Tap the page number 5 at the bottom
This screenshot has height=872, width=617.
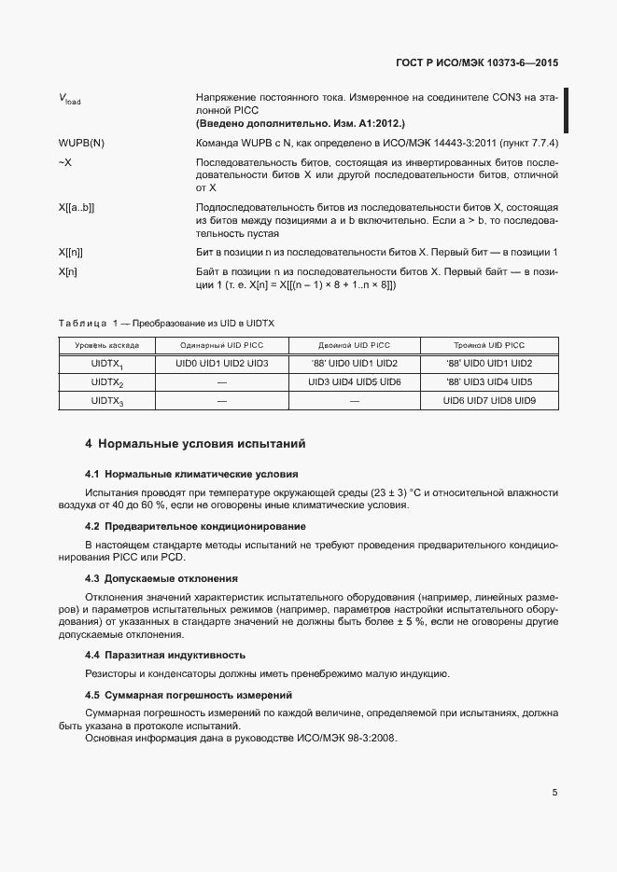554,793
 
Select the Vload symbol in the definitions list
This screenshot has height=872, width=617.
69,99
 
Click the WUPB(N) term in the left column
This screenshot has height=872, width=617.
81,144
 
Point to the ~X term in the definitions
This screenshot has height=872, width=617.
64,162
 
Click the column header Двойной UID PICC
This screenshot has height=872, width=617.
354,345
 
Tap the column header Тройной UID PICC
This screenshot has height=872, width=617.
489,345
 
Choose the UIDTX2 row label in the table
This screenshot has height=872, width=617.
107,382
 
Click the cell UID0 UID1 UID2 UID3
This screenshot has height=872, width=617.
222,363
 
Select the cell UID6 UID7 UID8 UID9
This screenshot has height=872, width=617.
489,401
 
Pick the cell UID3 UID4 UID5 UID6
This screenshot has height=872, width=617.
354,382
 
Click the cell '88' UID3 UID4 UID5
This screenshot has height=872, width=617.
489,382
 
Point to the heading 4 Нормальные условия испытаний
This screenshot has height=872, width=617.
195,444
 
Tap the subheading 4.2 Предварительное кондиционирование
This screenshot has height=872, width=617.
195,527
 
